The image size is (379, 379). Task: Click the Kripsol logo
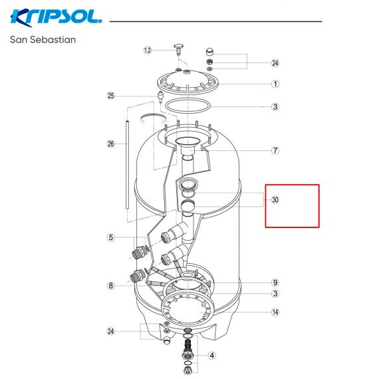click(56, 18)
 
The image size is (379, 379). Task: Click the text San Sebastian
click(43, 40)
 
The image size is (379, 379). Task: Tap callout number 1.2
click(148, 51)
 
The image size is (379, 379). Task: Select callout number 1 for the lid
click(275, 84)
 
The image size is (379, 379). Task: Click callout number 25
click(110, 96)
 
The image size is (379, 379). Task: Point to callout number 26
click(110, 144)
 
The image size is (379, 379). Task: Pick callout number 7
click(275, 150)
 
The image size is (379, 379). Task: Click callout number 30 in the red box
click(275, 199)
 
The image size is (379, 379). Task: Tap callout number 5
click(110, 237)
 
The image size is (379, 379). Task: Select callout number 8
click(110, 286)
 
